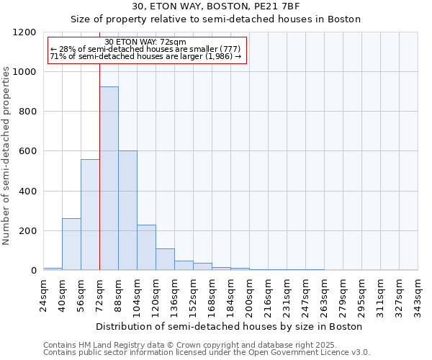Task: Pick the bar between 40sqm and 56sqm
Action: pyautogui.click(x=71, y=244)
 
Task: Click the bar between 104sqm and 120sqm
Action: pyautogui.click(x=146, y=248)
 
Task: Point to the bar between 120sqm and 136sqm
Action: pyautogui.click(x=165, y=259)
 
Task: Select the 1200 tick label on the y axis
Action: pyautogui.click(x=25, y=32)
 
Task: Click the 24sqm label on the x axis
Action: pyautogui.click(x=43, y=293)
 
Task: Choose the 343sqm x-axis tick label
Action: pyautogui.click(x=418, y=295)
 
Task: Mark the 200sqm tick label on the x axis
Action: pyautogui.click(x=249, y=295)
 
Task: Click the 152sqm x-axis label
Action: pyautogui.click(x=193, y=295)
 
